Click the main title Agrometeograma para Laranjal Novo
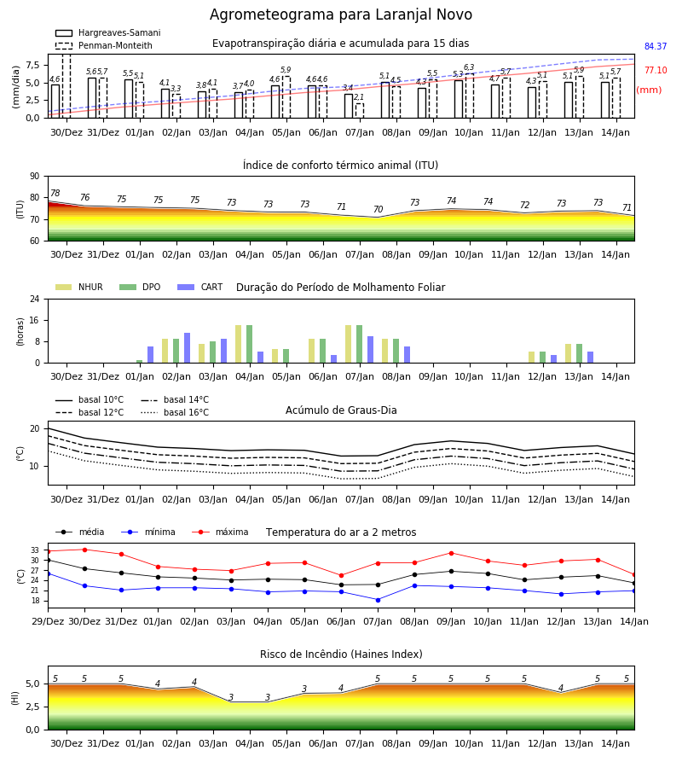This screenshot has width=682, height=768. (x=341, y=15)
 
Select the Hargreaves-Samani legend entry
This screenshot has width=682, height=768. (x=108, y=32)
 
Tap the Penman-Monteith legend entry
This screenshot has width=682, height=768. (x=104, y=45)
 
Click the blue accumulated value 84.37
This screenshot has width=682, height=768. (x=656, y=47)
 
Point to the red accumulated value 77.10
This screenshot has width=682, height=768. (x=656, y=71)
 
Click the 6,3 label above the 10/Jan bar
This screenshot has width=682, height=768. (x=469, y=67)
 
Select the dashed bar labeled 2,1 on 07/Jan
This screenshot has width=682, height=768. (x=360, y=111)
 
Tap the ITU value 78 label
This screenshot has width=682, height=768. (x=55, y=193)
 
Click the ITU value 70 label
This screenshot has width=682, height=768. (x=378, y=210)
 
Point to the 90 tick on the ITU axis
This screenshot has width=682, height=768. (x=34, y=177)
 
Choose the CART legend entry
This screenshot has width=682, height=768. (x=200, y=287)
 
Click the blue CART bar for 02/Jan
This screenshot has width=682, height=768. (x=187, y=348)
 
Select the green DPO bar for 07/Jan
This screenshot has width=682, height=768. (x=359, y=344)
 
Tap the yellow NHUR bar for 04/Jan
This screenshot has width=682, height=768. (x=238, y=344)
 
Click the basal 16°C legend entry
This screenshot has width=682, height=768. (x=175, y=412)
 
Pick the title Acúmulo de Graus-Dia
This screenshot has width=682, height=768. (x=341, y=410)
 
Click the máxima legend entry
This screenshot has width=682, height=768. (x=221, y=532)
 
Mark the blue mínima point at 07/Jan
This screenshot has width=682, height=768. (x=378, y=600)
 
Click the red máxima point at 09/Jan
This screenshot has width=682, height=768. (x=451, y=553)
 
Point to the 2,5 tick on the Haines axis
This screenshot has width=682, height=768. (x=33, y=707)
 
